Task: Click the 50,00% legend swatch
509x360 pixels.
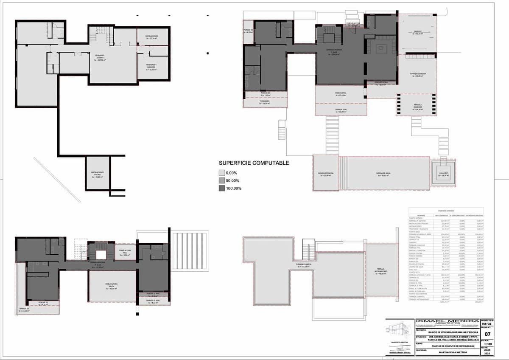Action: (222, 180)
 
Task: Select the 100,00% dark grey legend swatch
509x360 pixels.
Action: (222, 188)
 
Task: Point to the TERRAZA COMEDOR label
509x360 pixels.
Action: (418, 74)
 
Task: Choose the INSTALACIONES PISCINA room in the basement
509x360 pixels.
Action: (98, 174)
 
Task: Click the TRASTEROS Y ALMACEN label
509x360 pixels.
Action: (148, 66)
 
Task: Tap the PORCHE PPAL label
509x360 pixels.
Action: (341, 94)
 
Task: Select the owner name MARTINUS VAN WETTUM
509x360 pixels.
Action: (437, 351)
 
